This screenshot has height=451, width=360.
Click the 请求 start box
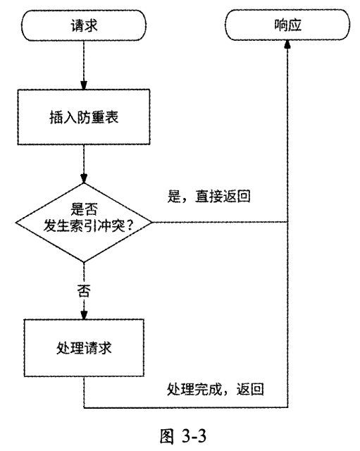click(85, 27)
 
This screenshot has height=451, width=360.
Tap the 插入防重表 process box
click(85, 116)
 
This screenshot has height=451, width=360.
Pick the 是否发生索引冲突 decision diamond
click(85, 223)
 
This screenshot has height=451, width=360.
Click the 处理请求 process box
click(85, 350)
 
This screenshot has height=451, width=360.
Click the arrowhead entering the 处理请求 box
click(85, 315)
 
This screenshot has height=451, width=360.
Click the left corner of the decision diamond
click(15, 223)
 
